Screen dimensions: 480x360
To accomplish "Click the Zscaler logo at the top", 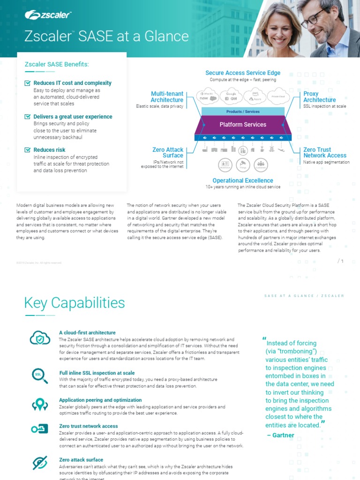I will coord(48,15).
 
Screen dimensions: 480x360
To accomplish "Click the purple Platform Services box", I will coord(243,125).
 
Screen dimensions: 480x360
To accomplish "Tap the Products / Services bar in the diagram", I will coord(243,112).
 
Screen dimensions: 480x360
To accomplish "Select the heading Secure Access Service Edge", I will coord(243,73).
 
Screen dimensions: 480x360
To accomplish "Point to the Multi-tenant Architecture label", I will coord(167,97).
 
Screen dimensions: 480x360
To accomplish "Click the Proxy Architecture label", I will coord(319,97).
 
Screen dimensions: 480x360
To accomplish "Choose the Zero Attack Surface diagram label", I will coord(168,152).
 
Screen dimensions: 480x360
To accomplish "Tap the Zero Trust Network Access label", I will coord(325,152).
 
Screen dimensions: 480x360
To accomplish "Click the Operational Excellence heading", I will coord(243,180).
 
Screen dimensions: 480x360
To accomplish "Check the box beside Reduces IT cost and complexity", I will coord(27,83).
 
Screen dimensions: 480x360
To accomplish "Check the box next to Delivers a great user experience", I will coord(27,116).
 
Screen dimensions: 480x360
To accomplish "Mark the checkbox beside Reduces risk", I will coord(27,150).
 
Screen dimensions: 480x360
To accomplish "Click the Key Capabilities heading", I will coord(75,303).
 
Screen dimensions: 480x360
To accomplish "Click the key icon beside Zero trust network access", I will coord(40,429).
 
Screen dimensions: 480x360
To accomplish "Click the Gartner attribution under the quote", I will coord(280,435).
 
